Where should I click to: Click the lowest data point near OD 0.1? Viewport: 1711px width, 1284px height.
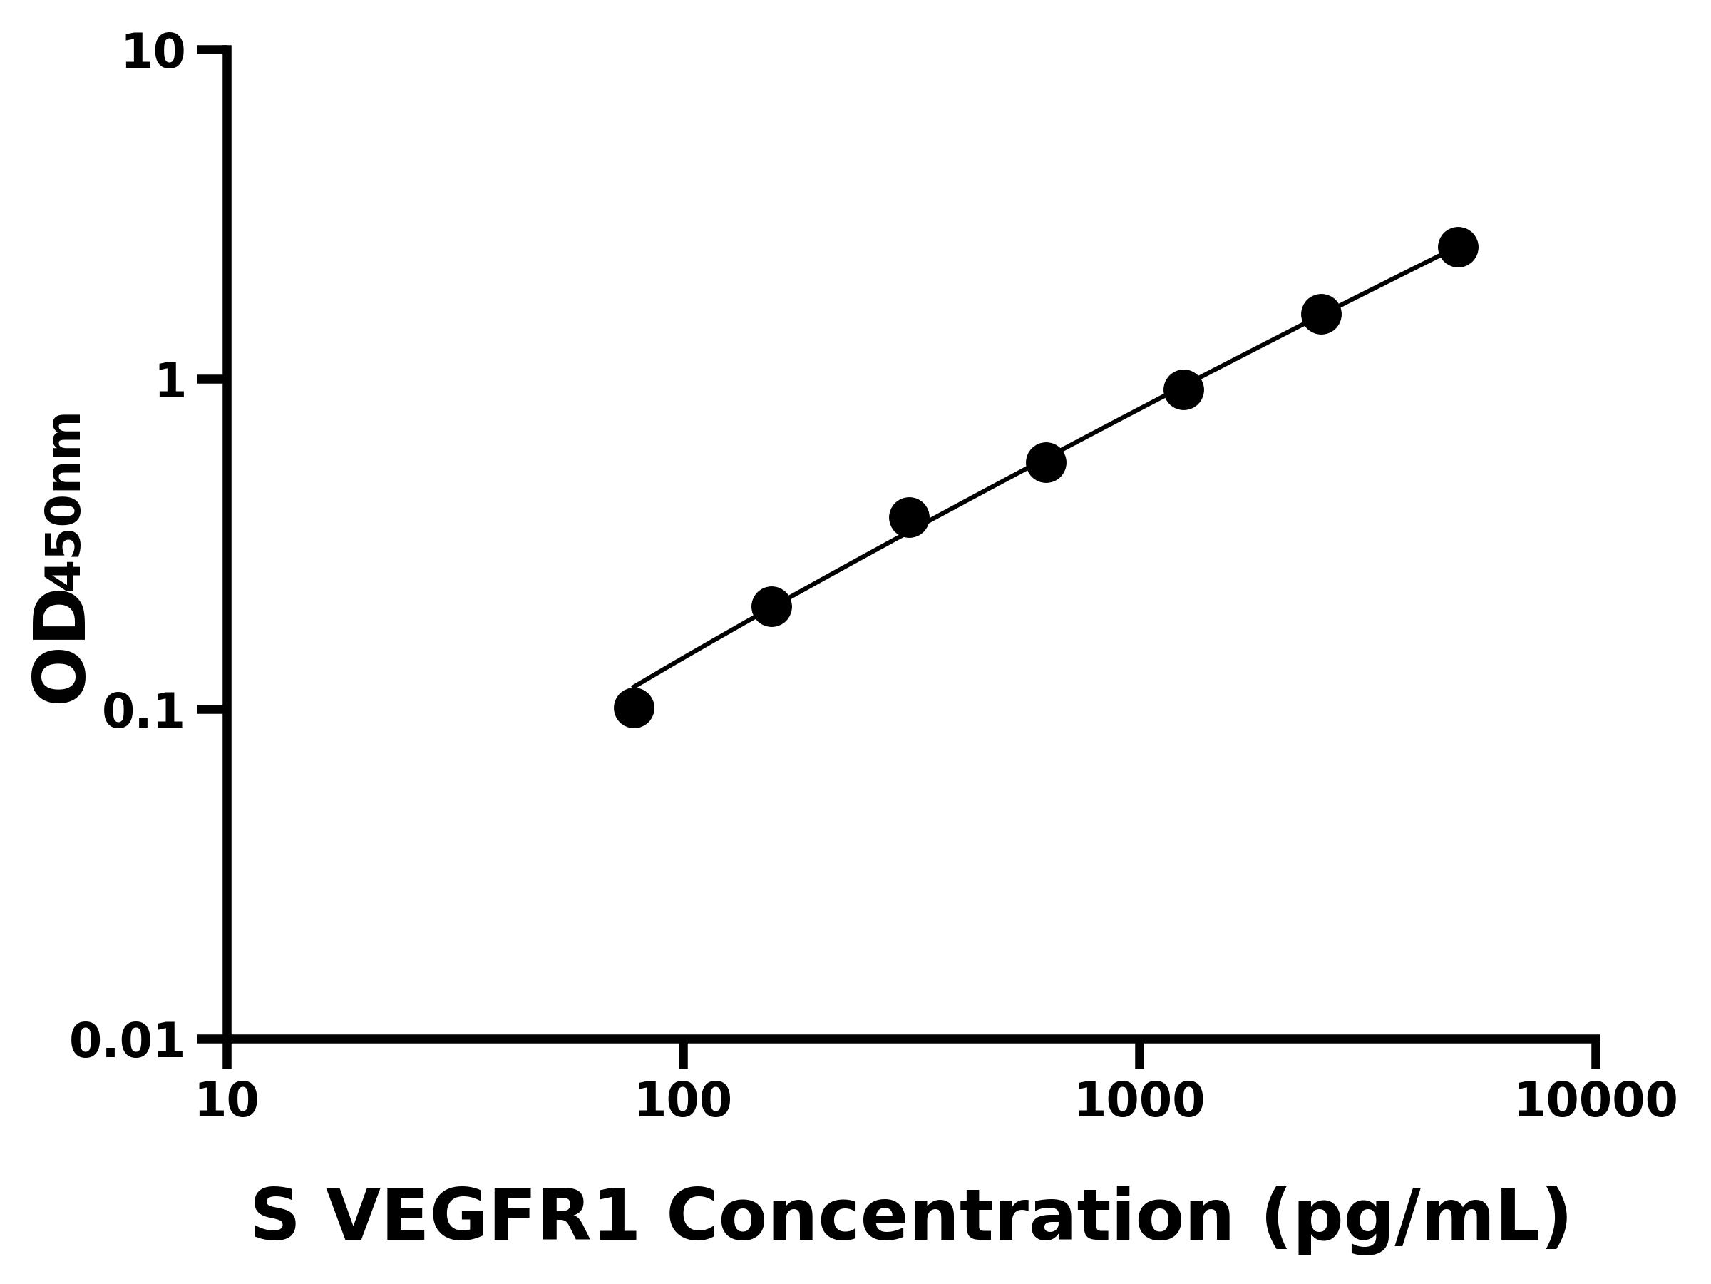point(634,708)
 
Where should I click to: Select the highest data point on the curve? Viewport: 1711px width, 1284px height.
point(1458,248)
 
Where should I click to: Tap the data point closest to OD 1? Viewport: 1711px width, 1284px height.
point(1183,389)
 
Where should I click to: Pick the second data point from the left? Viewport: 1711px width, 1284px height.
point(771,606)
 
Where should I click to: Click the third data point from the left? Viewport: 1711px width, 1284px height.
point(909,517)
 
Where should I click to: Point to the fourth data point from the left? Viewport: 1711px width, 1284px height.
point(1046,463)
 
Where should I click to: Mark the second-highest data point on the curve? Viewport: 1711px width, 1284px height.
point(1321,315)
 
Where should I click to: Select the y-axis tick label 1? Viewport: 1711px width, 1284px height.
point(170,382)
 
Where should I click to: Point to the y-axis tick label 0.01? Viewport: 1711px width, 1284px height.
point(127,1041)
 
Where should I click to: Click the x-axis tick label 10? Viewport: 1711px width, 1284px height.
point(227,1101)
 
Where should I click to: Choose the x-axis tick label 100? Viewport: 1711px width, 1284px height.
point(683,1101)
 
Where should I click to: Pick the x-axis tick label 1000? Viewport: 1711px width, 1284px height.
point(1139,1101)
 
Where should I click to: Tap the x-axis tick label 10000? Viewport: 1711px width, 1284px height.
point(1595,1101)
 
